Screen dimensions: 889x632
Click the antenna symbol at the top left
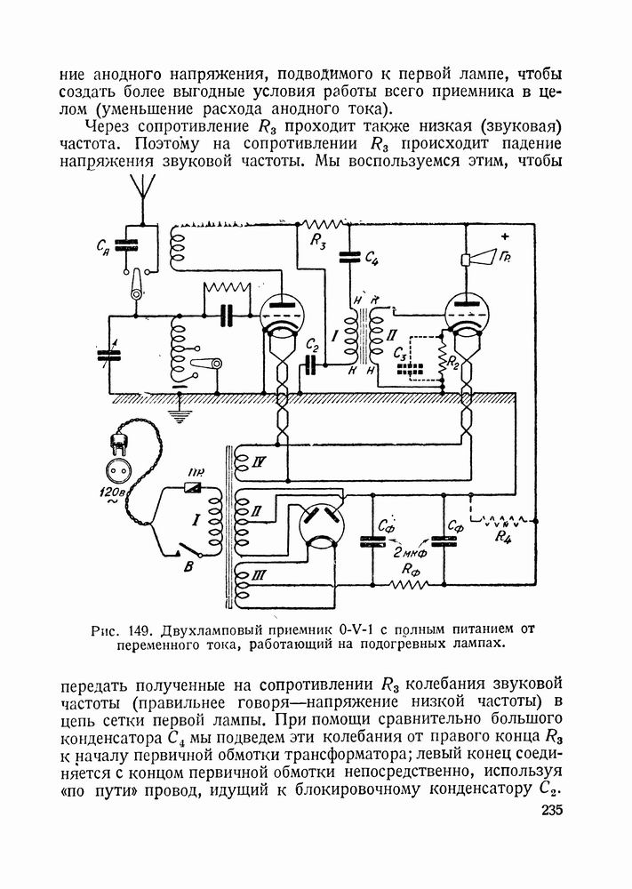pos(140,188)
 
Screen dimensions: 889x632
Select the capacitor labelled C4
pos(347,255)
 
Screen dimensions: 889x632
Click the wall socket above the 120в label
pos(117,469)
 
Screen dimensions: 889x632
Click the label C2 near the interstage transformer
pos(313,344)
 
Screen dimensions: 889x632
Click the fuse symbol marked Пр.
pos(194,487)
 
